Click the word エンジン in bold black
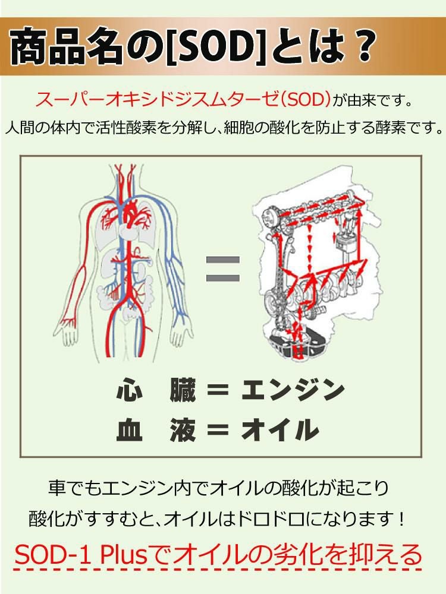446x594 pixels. pos(293,391)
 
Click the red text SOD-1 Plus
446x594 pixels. pos(72,555)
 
